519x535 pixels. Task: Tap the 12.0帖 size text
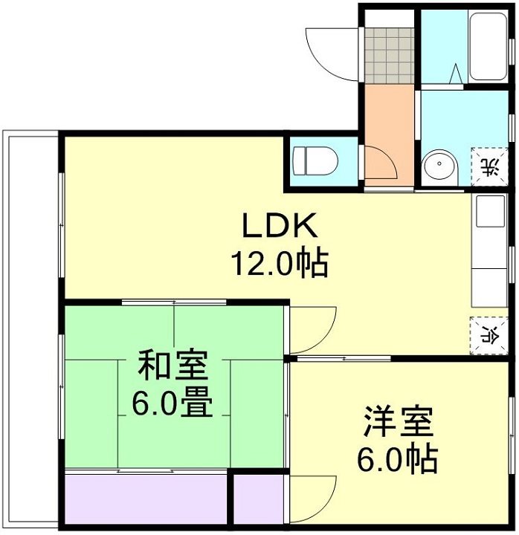click(x=279, y=262)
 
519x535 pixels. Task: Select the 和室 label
click(x=173, y=366)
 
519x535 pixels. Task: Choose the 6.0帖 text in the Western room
click(x=399, y=461)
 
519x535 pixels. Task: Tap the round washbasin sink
click(x=439, y=165)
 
